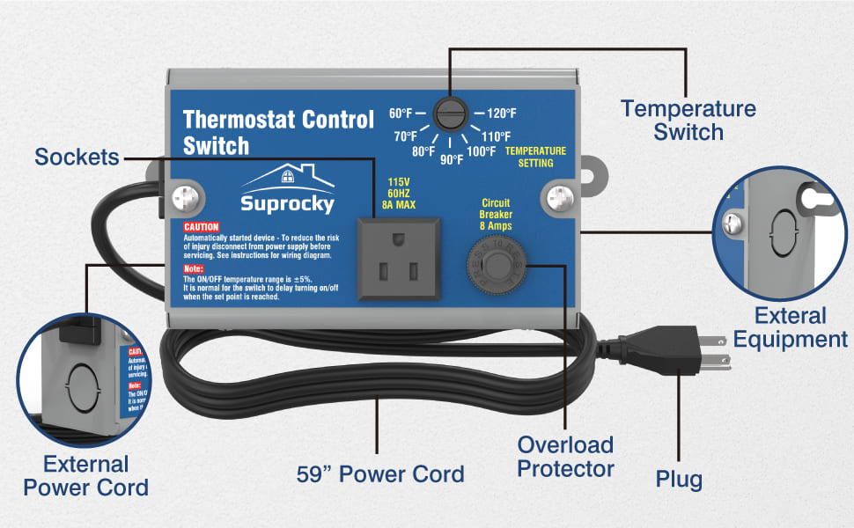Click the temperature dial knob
[449, 114]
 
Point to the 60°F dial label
[401, 114]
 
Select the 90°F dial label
[452, 159]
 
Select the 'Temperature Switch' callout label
[688, 121]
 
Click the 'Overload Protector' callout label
[565, 456]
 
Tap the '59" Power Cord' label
[379, 474]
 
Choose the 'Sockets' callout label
[77, 158]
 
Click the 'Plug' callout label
[679, 480]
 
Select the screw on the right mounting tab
[556, 194]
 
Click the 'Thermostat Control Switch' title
[278, 132]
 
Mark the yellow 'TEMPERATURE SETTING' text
[535, 157]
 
